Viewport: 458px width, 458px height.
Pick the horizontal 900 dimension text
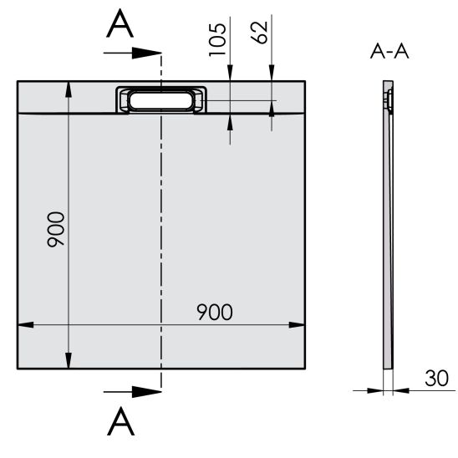click(x=215, y=312)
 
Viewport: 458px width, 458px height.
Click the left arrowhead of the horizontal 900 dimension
click(x=23, y=324)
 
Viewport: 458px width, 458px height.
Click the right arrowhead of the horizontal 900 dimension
click(x=297, y=324)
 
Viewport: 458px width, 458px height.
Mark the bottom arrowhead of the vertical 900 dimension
click(x=67, y=361)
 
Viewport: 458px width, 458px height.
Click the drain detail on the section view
click(x=389, y=100)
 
